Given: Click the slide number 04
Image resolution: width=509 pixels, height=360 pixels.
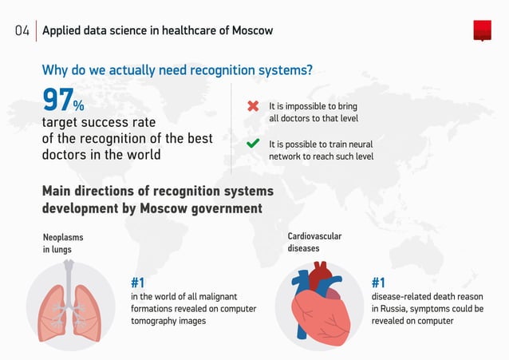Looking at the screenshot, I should pyautogui.click(x=22, y=31).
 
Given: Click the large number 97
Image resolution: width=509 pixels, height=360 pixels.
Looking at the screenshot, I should pyautogui.click(x=57, y=101).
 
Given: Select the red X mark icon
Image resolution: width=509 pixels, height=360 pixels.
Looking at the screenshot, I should pyautogui.click(x=253, y=106).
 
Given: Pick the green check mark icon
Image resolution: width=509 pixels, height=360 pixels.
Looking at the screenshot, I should pyautogui.click(x=253, y=144).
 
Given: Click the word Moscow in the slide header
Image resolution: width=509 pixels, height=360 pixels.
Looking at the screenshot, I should pyautogui.click(x=253, y=31).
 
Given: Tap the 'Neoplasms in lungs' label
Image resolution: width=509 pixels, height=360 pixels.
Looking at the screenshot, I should pyautogui.click(x=62, y=243).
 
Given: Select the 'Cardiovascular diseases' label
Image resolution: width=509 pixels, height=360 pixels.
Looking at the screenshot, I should pyautogui.click(x=314, y=242).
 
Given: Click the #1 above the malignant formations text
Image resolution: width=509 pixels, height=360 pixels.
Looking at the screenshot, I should pyautogui.click(x=137, y=283).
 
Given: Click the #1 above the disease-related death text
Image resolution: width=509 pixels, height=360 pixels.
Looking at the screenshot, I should pyautogui.click(x=378, y=283).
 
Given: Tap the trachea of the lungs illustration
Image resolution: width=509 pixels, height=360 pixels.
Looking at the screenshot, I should pyautogui.click(x=69, y=275).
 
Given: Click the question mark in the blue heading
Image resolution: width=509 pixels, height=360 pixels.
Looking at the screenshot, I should pyautogui.click(x=309, y=70).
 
